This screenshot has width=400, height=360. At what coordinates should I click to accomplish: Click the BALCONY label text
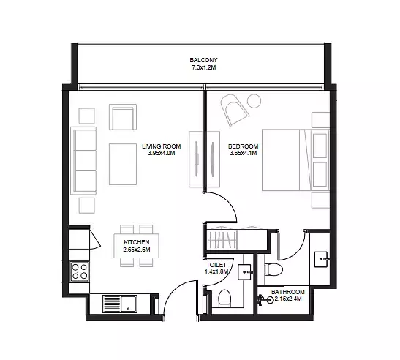pyautogui.click(x=203, y=60)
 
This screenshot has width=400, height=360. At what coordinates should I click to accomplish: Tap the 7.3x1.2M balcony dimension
pyautogui.click(x=204, y=67)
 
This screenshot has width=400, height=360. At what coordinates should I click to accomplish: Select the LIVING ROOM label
pyautogui.click(x=161, y=146)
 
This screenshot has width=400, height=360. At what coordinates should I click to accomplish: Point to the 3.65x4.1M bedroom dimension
pyautogui.click(x=243, y=153)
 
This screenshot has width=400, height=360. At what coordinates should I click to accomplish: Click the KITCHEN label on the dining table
pyautogui.click(x=137, y=242)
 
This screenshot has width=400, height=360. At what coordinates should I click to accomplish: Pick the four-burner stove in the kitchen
pyautogui.click(x=80, y=271)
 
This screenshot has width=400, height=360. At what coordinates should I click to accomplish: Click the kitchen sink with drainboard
pyautogui.click(x=120, y=304)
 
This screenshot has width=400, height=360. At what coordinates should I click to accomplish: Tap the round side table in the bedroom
pyautogui.click(x=254, y=101)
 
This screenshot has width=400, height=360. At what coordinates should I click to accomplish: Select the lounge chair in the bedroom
pyautogui.click(x=234, y=109)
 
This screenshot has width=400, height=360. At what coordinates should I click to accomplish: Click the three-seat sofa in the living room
pyautogui.click(x=83, y=160)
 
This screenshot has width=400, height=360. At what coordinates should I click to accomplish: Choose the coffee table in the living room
pyautogui.click(x=123, y=164)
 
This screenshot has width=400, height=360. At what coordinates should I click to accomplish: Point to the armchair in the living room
pyautogui.click(x=123, y=117)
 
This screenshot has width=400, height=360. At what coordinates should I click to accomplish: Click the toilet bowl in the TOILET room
pyautogui.click(x=224, y=299)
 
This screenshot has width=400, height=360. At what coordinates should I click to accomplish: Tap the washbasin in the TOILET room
pyautogui.click(x=246, y=272)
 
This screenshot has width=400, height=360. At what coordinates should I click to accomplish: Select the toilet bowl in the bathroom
pyautogui.click(x=273, y=269)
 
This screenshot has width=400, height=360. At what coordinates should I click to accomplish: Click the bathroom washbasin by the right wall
pyautogui.click(x=321, y=260)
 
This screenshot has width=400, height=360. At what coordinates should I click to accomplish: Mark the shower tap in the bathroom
pyautogui.click(x=265, y=300)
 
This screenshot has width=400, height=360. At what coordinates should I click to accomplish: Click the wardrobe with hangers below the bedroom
pyautogui.click(x=222, y=239)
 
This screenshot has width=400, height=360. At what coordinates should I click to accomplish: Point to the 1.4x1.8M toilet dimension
pyautogui.click(x=216, y=271)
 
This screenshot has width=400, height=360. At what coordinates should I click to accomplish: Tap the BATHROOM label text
pyautogui.click(x=288, y=292)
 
